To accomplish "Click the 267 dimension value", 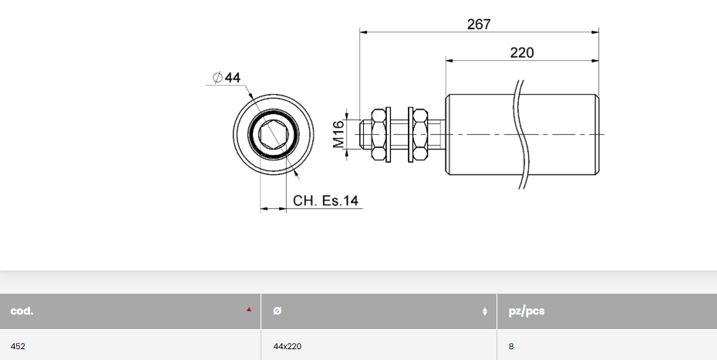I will pos(479,24).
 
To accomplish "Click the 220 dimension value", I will pos(522,52).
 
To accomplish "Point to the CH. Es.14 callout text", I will pos(325,201).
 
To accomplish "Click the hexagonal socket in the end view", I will pos(274,136).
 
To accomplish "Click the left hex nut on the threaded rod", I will pos(379,135).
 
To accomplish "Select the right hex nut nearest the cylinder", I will pos(419,135).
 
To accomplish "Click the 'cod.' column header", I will pos(22,311).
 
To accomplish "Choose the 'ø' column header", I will pos(278,311).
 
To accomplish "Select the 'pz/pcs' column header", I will pos(527,311).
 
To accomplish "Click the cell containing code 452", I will pos(18,347).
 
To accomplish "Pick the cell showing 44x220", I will pos(287,347).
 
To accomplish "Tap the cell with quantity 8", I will pos(511,347).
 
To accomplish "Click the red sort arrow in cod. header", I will pos(249,310).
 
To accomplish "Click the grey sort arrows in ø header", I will pos(485,311).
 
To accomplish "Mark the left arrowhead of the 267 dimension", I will pos(363,32).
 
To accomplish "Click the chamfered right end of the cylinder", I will pos(597,135).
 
